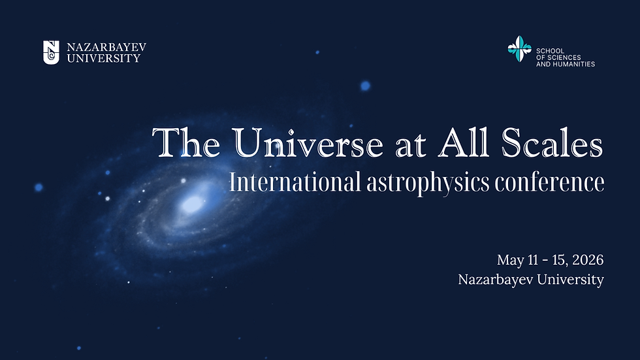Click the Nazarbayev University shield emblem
pos(51,52)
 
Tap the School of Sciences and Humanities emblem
pos(520,50)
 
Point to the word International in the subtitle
pos(294,182)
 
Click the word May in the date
pos(509,261)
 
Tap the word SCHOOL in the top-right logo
pos(549,50)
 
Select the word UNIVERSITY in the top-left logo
pos(104,58)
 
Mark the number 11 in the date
pos(533,260)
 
